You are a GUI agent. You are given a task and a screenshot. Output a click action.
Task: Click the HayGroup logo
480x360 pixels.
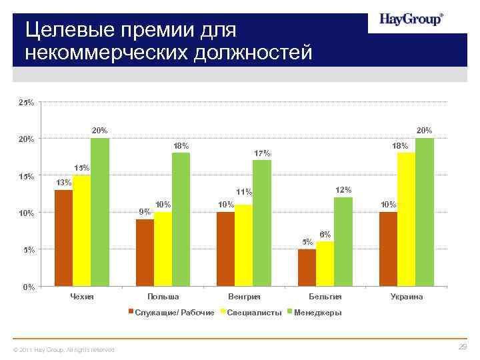[411, 19]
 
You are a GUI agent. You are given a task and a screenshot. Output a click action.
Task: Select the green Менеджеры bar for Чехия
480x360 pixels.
[100, 212]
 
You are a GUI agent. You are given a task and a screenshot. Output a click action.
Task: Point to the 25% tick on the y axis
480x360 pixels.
[27, 103]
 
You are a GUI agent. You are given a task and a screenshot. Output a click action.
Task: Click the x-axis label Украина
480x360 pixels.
[406, 297]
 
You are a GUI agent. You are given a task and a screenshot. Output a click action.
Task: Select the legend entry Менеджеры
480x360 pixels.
[318, 313]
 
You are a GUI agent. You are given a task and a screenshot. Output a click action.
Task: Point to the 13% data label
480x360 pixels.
[64, 183]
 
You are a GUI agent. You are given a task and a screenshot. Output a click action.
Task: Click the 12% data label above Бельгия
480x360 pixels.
[343, 190]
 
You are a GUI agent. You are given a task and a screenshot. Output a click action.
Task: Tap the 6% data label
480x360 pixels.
[325, 235]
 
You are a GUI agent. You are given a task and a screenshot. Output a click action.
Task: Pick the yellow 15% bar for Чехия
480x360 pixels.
[81, 231]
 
